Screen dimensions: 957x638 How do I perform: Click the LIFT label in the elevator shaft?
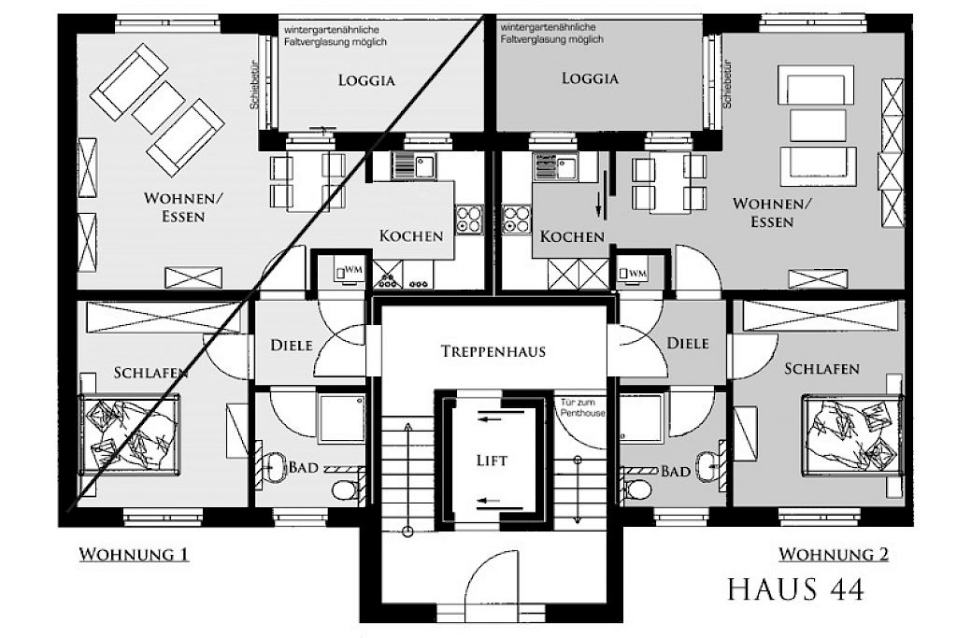click(x=492, y=461)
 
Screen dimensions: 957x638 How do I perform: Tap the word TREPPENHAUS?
click(x=493, y=351)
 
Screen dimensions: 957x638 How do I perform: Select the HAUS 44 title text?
click(x=796, y=589)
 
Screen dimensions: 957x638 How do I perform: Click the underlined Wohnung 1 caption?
click(x=134, y=555)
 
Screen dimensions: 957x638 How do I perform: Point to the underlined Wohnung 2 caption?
click(x=834, y=555)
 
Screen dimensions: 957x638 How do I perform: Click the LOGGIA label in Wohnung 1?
click(x=366, y=80)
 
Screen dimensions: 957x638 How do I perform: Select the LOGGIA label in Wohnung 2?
click(x=591, y=78)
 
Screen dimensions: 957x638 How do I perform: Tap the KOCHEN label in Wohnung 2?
click(x=573, y=236)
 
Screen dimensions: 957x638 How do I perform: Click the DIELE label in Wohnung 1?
click(x=292, y=346)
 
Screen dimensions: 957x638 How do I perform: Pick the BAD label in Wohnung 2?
click(x=677, y=472)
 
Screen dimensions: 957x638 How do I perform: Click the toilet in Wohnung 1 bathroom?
click(x=347, y=489)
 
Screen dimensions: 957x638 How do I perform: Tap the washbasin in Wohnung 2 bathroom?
click(x=707, y=466)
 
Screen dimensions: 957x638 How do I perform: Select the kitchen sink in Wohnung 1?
click(x=414, y=165)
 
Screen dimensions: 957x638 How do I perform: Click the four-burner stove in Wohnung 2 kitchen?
click(x=516, y=220)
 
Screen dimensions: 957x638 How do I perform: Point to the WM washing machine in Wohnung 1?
click(x=349, y=270)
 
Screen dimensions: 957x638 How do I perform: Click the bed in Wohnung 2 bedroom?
click(x=852, y=434)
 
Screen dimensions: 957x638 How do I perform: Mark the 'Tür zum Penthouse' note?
click(x=583, y=407)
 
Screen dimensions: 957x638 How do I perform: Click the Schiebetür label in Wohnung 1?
click(x=255, y=85)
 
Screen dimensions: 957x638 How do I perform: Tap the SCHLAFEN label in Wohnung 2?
click(x=821, y=369)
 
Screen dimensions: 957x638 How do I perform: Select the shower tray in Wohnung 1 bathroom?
click(x=342, y=418)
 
